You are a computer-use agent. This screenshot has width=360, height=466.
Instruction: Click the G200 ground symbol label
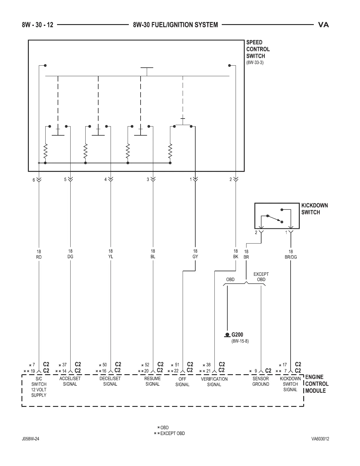click(x=237, y=334)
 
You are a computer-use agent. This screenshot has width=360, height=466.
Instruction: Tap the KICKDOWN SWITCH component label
click(x=314, y=209)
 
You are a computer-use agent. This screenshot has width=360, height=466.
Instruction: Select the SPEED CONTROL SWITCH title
click(x=258, y=49)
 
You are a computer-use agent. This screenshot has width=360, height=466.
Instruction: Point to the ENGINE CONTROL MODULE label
click(x=317, y=384)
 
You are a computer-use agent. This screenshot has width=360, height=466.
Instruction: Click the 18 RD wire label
click(x=39, y=254)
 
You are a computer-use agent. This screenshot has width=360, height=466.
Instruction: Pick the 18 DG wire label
click(x=70, y=254)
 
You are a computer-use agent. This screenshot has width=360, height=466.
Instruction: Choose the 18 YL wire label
click(x=111, y=254)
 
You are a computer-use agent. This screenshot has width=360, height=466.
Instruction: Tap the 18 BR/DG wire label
click(x=291, y=254)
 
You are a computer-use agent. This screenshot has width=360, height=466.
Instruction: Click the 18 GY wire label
click(x=195, y=254)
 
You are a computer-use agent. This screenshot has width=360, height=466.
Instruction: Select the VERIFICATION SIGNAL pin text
click(x=214, y=382)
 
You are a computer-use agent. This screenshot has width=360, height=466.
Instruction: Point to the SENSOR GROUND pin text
click(x=261, y=381)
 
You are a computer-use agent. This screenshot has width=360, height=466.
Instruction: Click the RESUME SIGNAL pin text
click(x=152, y=381)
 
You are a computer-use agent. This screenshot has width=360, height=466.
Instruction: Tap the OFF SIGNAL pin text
click(x=182, y=382)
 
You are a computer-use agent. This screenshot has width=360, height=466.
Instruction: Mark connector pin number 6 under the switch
click(x=34, y=180)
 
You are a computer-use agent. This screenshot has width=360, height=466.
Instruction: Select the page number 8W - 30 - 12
click(x=37, y=25)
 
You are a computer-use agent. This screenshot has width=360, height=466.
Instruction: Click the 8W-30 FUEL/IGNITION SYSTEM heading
click(x=175, y=25)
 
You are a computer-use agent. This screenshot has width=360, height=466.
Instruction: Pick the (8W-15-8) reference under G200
click(x=240, y=341)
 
